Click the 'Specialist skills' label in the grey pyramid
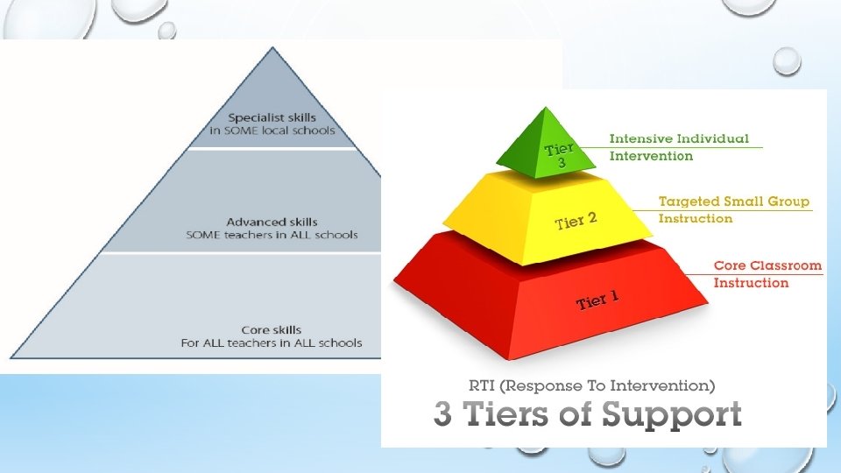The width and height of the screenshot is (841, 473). tap(272, 117)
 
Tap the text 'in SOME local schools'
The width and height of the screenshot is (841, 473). tap(272, 131)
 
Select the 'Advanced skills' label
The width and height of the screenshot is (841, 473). tap(272, 222)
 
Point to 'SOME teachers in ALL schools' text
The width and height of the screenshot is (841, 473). tap(272, 235)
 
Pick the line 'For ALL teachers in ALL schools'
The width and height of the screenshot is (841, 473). tap(272, 343)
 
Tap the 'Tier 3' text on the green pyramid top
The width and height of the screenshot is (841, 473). tap(559, 156)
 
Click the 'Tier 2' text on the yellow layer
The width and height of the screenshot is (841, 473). tap(576, 221)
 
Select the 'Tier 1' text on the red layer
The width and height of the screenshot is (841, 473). tap(598, 301)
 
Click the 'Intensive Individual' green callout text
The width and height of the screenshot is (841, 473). tap(679, 138)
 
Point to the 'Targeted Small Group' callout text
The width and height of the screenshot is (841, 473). tap(734, 201)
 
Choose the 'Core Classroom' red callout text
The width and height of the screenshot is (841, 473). tap(767, 265)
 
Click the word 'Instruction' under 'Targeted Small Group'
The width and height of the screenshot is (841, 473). tap(695, 218)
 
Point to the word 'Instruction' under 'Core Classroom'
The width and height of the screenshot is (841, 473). tap(751, 282)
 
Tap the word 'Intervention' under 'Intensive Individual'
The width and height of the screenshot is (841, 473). tap(651, 156)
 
